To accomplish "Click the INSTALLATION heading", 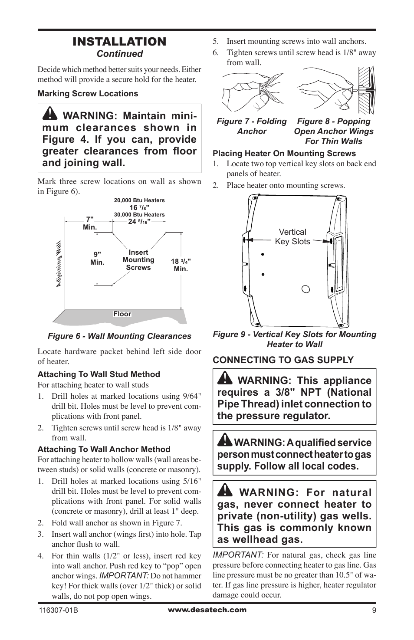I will click(119, 42).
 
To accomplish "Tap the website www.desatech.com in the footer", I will click(207, 610).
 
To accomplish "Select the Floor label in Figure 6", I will click(122, 314).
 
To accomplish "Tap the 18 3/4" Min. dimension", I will click(181, 265).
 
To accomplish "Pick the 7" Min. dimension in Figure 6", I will click(90, 223).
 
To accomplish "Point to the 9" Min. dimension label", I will click(97, 259).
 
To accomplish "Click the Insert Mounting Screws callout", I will click(138, 260).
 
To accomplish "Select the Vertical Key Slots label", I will click(292, 237).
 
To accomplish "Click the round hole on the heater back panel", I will click(306, 289).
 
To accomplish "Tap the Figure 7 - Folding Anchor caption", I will click(252, 126).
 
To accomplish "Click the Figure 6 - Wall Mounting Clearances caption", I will click(119, 336).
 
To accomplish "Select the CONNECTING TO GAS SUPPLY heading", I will click(283, 360).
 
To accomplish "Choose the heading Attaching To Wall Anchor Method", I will click(104, 450).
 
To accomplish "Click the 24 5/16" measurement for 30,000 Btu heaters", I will click(139, 222).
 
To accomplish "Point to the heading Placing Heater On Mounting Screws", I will click(284, 154).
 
